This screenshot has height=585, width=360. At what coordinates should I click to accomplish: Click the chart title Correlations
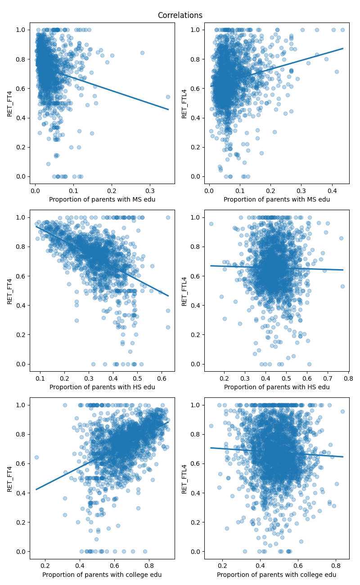180,15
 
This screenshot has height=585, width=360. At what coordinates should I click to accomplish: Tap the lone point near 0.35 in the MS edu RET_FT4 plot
168,97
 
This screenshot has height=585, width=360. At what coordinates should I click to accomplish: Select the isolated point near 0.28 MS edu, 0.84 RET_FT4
142,53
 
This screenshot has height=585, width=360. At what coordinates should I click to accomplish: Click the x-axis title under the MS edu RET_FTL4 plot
277,199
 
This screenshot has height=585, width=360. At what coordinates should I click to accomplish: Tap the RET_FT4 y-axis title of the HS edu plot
10,291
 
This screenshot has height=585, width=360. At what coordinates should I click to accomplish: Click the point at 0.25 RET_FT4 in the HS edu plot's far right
168,327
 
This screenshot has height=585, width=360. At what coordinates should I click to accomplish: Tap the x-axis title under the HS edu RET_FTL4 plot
277,387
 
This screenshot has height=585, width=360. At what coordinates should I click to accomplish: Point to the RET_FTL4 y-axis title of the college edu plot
184,478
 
